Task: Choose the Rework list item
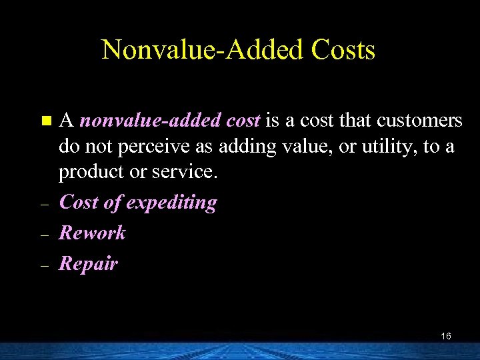click(x=92, y=233)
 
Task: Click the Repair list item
click(x=88, y=264)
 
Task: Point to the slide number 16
click(x=446, y=336)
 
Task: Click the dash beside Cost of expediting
click(x=45, y=205)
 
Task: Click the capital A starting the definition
click(x=66, y=121)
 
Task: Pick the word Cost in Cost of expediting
click(x=79, y=203)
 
